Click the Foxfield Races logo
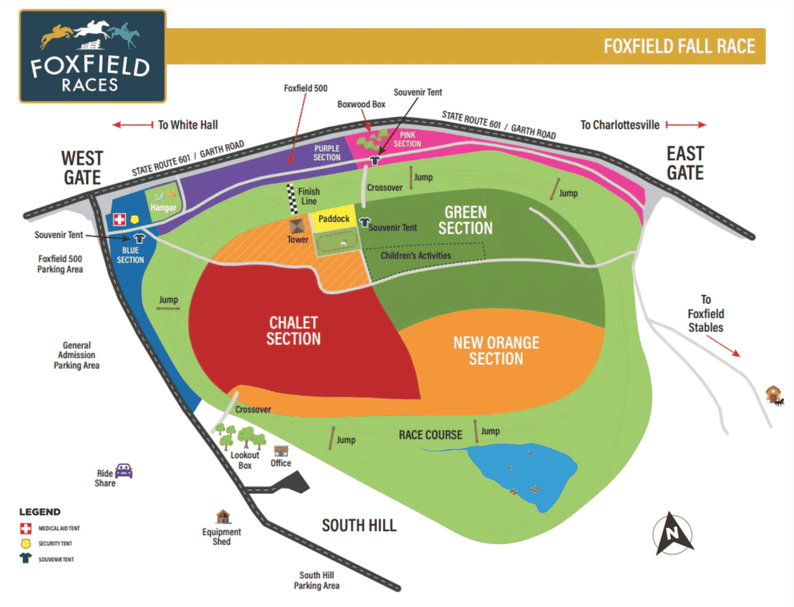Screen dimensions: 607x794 click(93, 56)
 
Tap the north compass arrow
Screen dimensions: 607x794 click(673, 534)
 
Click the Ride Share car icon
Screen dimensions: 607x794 click(124, 471)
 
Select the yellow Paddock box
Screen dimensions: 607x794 click(333, 219)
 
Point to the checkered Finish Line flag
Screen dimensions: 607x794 click(292, 199)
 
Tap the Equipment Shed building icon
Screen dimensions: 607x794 click(223, 516)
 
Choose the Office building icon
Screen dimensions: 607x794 click(281, 450)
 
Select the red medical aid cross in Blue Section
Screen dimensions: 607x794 click(119, 219)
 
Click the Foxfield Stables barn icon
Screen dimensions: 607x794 click(773, 394)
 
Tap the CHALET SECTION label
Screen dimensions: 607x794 click(293, 331)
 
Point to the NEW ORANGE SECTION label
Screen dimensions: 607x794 click(496, 351)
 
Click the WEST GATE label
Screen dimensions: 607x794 click(82, 168)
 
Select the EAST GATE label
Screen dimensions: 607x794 click(685, 163)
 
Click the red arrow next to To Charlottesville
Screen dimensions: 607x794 click(686, 125)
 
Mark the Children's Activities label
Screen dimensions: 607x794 click(416, 255)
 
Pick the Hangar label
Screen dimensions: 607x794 click(163, 207)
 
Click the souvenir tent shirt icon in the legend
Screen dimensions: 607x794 click(25, 558)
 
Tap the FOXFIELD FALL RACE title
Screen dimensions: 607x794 click(679, 47)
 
